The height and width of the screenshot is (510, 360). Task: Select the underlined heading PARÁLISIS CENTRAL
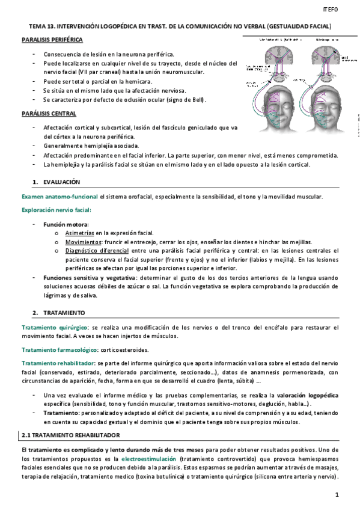click(48, 113)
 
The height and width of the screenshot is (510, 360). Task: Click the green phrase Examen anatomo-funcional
click(60, 197)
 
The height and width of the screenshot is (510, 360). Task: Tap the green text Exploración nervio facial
click(56, 210)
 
